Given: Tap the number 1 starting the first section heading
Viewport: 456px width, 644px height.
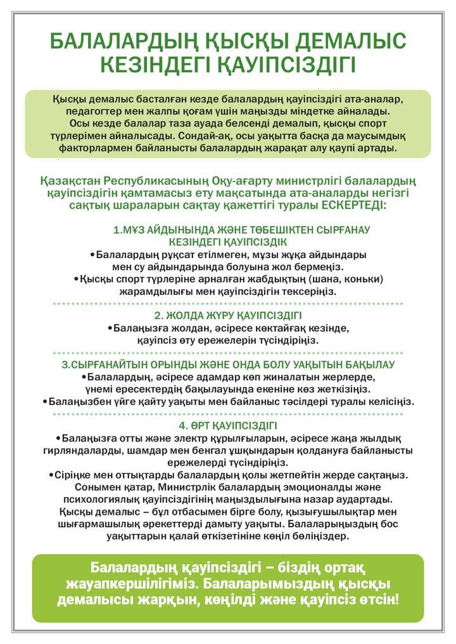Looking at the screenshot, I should (x=116, y=230).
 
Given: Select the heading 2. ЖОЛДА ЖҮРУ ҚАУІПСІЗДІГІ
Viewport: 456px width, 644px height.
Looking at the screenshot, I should (x=228, y=315).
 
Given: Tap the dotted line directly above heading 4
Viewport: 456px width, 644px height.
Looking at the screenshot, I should (x=228, y=414).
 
